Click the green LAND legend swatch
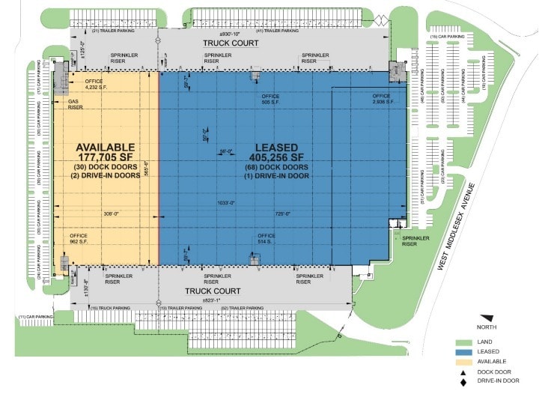tap(463, 342)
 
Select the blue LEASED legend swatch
tap(463, 351)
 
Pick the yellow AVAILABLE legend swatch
tap(463, 361)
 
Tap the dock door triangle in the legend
tap(463, 372)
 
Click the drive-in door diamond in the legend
tap(463, 381)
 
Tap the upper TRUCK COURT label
tap(231, 43)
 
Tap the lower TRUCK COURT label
tap(213, 291)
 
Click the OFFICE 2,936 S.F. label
tap(382, 99)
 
